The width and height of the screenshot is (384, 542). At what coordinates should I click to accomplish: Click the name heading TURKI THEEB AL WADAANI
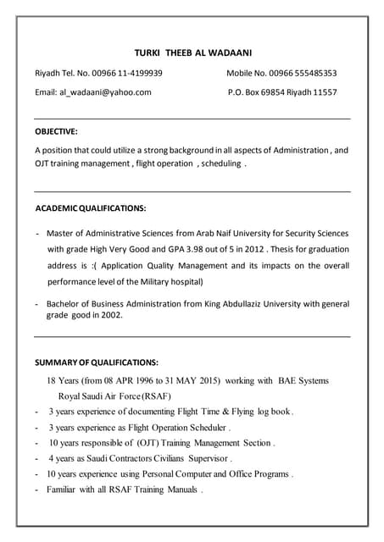pyautogui.click(x=193, y=53)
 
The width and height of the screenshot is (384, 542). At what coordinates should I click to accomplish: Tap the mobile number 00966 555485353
pyautogui.click(x=300, y=73)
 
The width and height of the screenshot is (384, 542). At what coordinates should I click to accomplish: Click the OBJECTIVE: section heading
pyautogui.click(x=56, y=131)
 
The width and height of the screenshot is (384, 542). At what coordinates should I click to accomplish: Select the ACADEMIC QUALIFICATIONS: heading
pyautogui.click(x=91, y=208)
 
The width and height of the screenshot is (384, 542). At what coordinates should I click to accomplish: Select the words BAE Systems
pyautogui.click(x=303, y=380)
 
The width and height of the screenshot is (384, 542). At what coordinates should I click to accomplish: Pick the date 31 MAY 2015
pyautogui.click(x=192, y=380)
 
